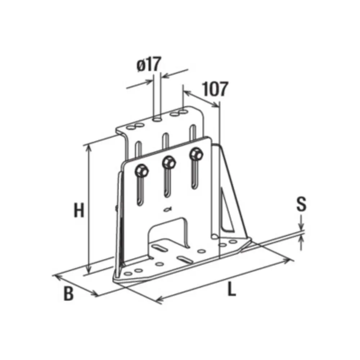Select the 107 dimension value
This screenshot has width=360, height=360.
[x=216, y=89]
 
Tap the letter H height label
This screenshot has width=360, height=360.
[x=79, y=210]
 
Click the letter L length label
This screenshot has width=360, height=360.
[x=231, y=288]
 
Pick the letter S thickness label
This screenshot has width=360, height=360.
[x=301, y=204]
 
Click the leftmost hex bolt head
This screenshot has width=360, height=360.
[x=141, y=171]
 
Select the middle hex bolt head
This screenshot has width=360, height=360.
[x=169, y=162]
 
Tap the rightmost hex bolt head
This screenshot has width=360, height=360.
[x=196, y=154]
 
